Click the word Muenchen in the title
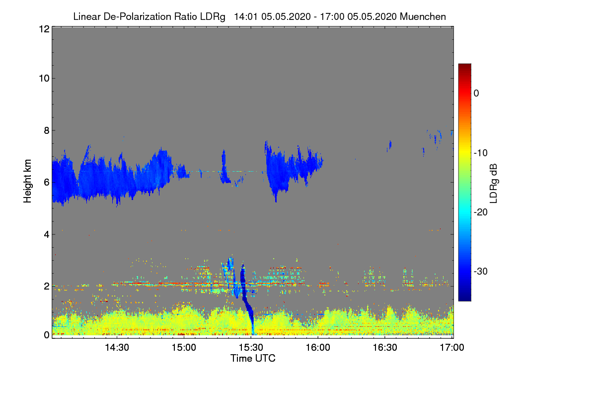point(423,16)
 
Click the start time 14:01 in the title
point(246,16)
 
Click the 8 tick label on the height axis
point(46,131)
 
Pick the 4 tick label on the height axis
point(46,234)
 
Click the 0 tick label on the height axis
point(46,335)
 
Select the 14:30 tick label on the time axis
point(117,348)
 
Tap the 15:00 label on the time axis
point(184,348)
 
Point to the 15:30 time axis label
point(251,348)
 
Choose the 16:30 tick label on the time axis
point(385,348)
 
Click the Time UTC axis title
point(253,358)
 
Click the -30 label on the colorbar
point(482,272)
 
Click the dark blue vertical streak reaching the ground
point(250,313)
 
